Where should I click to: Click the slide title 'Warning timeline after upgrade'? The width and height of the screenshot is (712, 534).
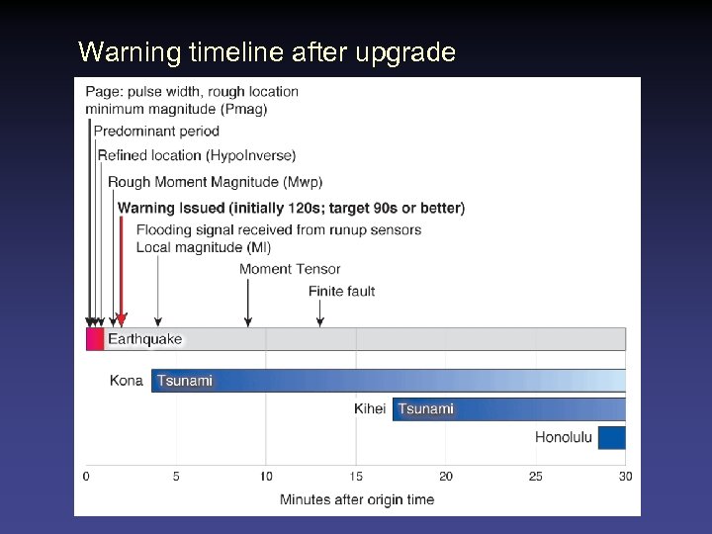pos(267,51)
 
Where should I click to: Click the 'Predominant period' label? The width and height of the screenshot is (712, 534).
pos(156,132)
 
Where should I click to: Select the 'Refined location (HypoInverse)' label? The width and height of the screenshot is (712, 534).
pos(196,155)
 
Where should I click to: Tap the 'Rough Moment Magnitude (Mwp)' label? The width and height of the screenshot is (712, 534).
pos(215,182)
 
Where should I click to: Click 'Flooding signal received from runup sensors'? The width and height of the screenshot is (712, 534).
pos(278,229)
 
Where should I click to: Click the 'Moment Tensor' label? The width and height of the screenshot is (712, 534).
pos(290,269)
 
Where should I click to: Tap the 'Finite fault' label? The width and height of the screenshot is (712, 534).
pos(341,291)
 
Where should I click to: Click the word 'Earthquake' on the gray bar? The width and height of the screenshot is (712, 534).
pos(145,339)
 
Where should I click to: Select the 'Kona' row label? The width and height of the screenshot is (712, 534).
pos(127,381)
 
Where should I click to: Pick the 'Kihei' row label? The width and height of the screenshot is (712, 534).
pos(370,408)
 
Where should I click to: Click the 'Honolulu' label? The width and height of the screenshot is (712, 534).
pos(564,437)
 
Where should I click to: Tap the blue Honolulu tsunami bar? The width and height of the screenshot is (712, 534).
pos(611,437)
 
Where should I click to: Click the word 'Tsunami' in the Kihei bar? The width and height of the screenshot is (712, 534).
pos(426,408)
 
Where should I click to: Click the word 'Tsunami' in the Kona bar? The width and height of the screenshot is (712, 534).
pos(185,381)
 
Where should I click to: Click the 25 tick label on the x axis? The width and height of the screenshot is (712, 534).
pos(535,477)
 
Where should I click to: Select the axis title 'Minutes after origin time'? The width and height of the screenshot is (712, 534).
pos(356,499)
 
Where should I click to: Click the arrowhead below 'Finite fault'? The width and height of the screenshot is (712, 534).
pos(319,321)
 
